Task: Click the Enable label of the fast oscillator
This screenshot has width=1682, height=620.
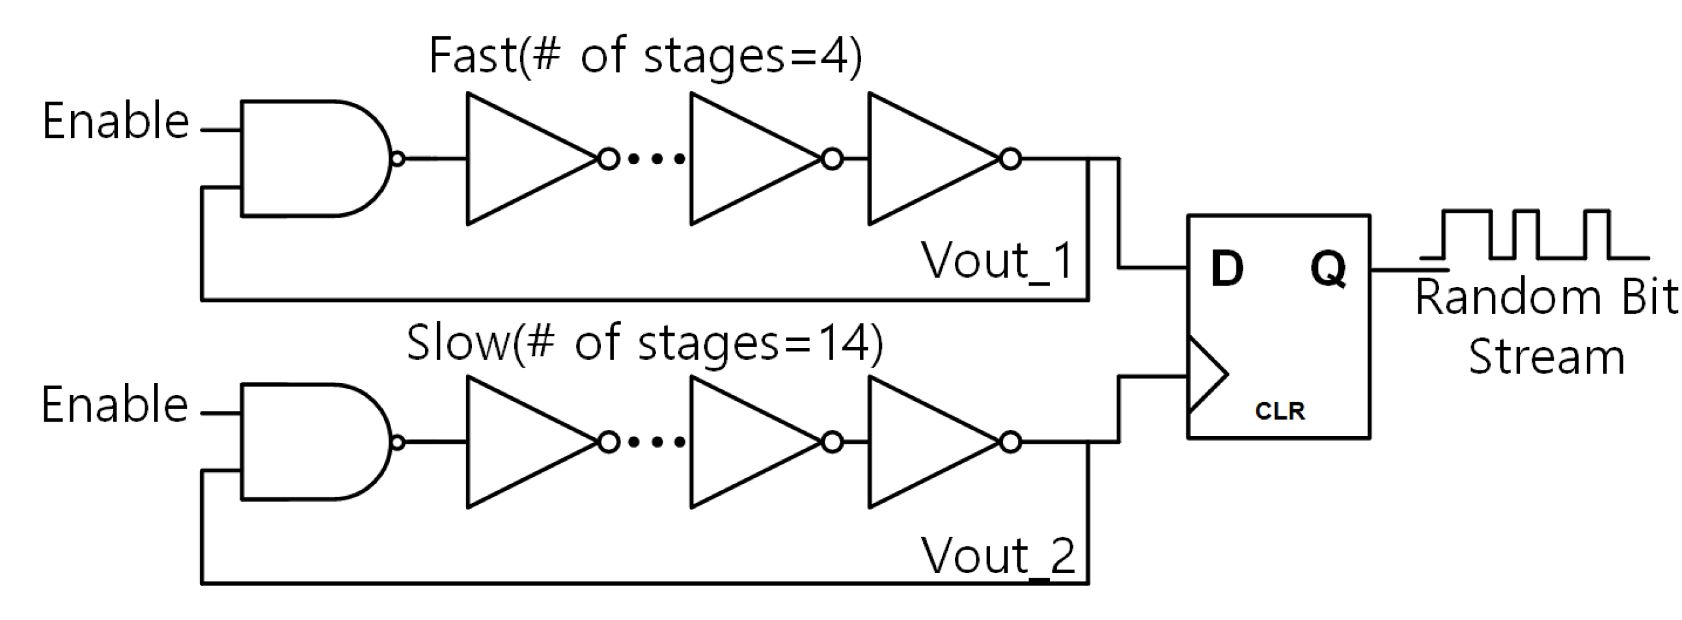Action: (x=116, y=122)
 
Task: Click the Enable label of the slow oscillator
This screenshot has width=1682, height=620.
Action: (x=115, y=405)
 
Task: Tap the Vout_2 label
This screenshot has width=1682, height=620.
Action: (x=997, y=557)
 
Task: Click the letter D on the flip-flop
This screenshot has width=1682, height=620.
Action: (x=1226, y=268)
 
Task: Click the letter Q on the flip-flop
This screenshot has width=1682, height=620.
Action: (x=1328, y=268)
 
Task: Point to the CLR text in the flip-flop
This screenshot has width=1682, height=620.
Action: (x=1279, y=411)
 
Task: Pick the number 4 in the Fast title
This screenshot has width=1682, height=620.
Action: (x=833, y=56)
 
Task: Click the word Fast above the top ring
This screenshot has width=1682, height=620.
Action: (x=473, y=56)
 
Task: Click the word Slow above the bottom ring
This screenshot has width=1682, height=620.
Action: (x=457, y=344)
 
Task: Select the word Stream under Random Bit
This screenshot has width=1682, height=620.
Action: (x=1546, y=357)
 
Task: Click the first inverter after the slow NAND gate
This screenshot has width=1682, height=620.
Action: (x=522, y=442)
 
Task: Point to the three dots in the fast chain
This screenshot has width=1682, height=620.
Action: (x=655, y=159)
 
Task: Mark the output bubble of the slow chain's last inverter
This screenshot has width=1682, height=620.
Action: (x=1010, y=442)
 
